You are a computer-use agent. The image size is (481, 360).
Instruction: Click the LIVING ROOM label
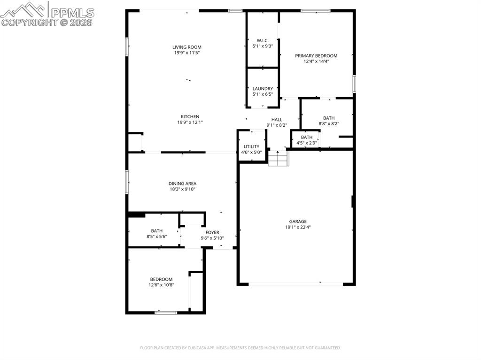pyautogui.click(x=187, y=47)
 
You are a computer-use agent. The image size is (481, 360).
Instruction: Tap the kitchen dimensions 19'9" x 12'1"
pyautogui.click(x=190, y=123)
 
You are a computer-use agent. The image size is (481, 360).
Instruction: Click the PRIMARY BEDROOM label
pyautogui.click(x=316, y=56)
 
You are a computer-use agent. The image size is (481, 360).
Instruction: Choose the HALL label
pyautogui.click(x=277, y=120)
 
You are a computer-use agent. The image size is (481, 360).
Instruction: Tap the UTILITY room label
pyautogui.click(x=251, y=146)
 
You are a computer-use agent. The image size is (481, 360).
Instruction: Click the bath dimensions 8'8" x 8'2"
pyautogui.click(x=328, y=124)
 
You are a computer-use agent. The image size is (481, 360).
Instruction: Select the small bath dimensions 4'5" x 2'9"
pyautogui.click(x=306, y=143)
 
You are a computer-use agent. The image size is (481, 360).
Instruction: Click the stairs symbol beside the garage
pyautogui.click(x=278, y=158)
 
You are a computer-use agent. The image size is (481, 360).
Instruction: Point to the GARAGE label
pyautogui.click(x=298, y=222)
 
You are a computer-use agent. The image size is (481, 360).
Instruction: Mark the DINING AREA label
pyautogui.click(x=182, y=184)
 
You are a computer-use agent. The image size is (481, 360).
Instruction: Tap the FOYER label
pyautogui.click(x=212, y=232)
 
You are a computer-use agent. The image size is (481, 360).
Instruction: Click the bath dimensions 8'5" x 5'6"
pyautogui.click(x=156, y=237)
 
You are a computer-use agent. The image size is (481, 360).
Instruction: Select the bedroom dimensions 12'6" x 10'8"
pyautogui.click(x=161, y=285)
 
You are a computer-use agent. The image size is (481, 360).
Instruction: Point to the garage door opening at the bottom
pyautogui.click(x=296, y=284)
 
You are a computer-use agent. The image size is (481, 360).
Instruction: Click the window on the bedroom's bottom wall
pyautogui.click(x=166, y=312)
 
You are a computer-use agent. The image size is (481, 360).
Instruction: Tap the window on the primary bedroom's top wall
pyautogui.click(x=315, y=10)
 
